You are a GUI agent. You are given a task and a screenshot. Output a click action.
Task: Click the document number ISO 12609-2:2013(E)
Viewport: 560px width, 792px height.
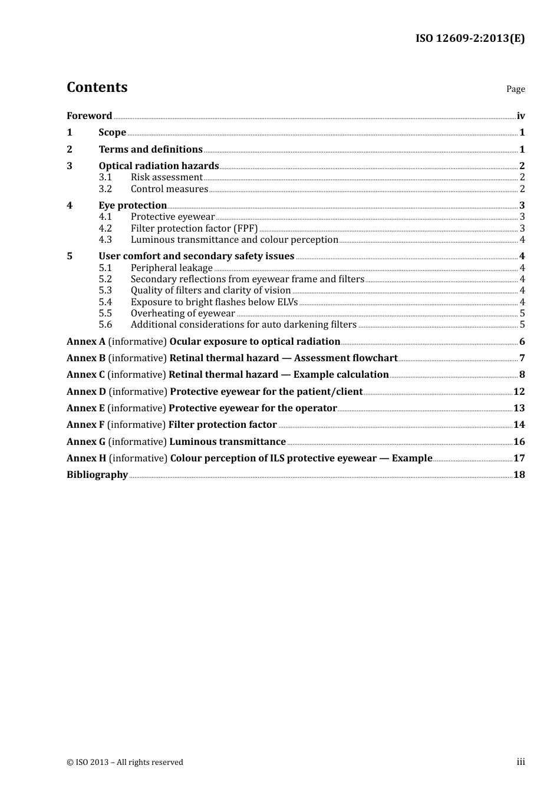pyautogui.click(x=470, y=38)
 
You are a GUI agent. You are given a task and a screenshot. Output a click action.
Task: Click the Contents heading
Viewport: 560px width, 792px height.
pyautogui.click(x=97, y=87)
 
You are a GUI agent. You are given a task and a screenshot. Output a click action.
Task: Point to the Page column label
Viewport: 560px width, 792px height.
pyautogui.click(x=515, y=89)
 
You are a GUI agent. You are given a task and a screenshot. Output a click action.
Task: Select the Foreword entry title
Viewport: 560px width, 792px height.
pyautogui.click(x=89, y=115)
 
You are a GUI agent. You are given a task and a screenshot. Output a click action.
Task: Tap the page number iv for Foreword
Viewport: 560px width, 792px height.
pyautogui.click(x=521, y=116)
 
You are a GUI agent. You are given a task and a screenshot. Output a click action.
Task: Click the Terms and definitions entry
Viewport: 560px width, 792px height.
pyautogui.click(x=150, y=149)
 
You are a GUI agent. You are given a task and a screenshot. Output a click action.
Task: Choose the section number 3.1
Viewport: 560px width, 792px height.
pyautogui.click(x=105, y=177)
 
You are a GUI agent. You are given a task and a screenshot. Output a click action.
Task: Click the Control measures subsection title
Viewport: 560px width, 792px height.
pyautogui.click(x=169, y=189)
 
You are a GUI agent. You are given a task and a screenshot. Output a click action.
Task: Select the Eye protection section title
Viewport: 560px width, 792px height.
pyautogui.click(x=133, y=205)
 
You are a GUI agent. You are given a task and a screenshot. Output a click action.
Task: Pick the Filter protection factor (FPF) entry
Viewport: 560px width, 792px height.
pyautogui.click(x=194, y=228)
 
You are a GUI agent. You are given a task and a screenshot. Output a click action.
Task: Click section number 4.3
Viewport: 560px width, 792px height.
pyautogui.click(x=105, y=239)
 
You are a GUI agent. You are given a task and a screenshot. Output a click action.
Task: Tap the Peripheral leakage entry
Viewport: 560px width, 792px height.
pyautogui.click(x=172, y=268)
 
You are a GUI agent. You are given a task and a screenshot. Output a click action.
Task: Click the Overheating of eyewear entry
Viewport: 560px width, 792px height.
pyautogui.click(x=183, y=313)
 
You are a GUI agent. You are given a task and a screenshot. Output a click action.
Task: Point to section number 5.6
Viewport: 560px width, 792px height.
pyautogui.click(x=105, y=324)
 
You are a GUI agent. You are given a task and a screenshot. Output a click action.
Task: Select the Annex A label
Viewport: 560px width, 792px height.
pyautogui.click(x=86, y=341)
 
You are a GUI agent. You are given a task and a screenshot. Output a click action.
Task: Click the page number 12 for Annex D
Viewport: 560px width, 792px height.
pyautogui.click(x=519, y=391)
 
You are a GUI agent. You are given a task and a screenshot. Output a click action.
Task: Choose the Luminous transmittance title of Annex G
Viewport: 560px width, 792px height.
pyautogui.click(x=228, y=441)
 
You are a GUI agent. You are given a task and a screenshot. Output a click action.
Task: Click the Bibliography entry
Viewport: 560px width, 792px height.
pyautogui.click(x=97, y=474)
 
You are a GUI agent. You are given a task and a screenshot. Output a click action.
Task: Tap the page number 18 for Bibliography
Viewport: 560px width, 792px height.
pyautogui.click(x=519, y=474)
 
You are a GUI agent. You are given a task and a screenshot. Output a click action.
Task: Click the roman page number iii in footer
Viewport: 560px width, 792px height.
pyautogui.click(x=521, y=762)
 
